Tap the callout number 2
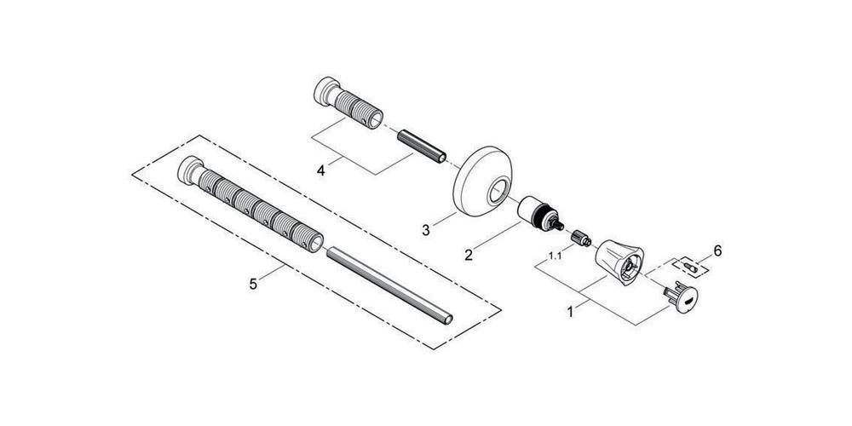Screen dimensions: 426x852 point(467,253)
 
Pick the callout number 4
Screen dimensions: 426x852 point(320,170)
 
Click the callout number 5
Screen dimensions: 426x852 point(252,283)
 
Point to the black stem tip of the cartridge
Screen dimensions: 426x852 point(559,225)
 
